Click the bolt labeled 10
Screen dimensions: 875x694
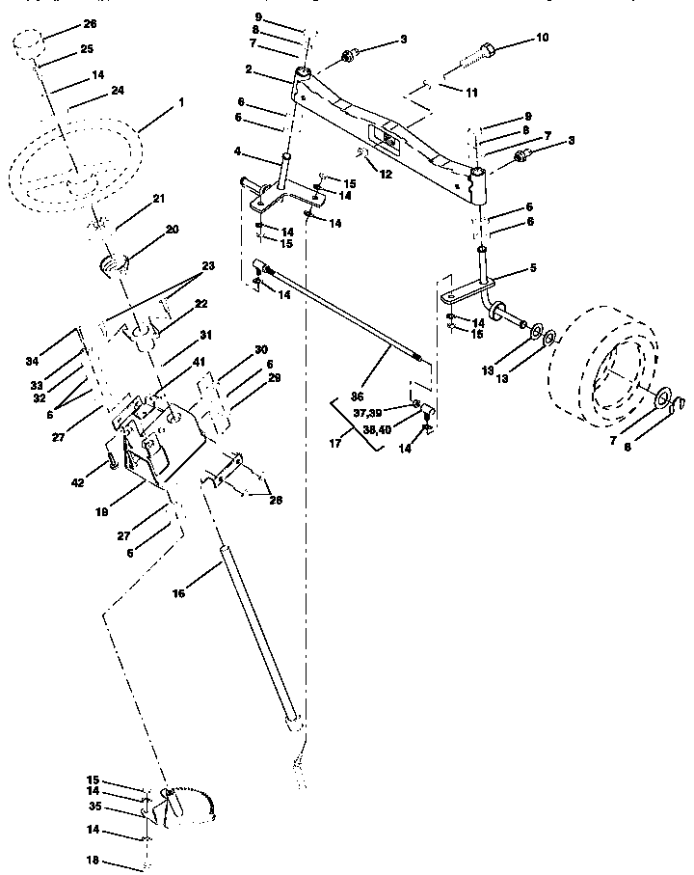468,57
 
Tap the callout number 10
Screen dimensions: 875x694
542,38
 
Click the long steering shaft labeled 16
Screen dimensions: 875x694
255,627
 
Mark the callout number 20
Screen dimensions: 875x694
173,230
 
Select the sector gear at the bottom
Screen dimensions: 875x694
188,808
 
